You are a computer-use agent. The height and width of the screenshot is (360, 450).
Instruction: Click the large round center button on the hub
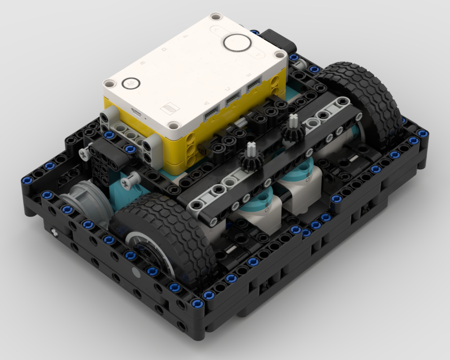coord(237,43)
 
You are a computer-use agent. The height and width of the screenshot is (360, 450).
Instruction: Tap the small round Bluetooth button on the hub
coord(131,83)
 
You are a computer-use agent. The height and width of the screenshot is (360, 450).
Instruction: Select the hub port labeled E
coord(253,84)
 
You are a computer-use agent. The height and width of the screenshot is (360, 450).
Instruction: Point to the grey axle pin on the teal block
coord(130,182)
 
